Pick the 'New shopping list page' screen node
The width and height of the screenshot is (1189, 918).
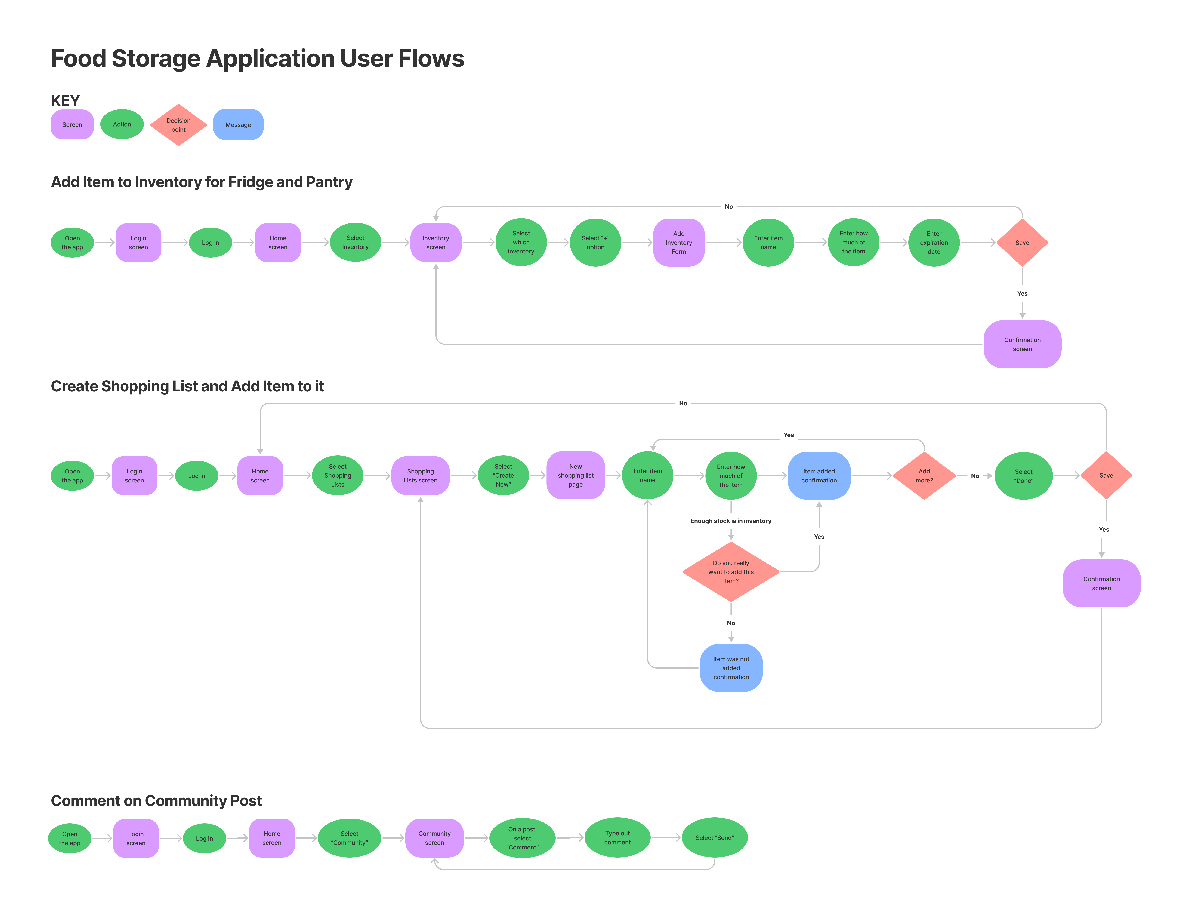(576, 476)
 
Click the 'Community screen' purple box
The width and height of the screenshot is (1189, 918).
(434, 838)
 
